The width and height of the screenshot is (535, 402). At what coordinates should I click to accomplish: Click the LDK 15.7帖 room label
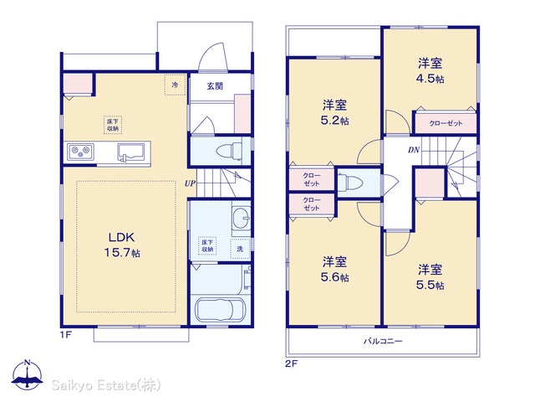pyautogui.click(x=122, y=245)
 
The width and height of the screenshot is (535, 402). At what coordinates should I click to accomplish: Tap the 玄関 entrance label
pyautogui.click(x=215, y=85)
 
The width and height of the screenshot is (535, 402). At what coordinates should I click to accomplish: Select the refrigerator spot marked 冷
pyautogui.click(x=175, y=85)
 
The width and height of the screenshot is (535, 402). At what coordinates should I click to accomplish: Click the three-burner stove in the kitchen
pyautogui.click(x=80, y=152)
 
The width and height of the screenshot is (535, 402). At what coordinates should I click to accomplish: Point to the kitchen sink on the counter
pyautogui.click(x=134, y=152)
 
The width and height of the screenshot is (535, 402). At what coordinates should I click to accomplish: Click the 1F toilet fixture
pyautogui.click(x=229, y=151)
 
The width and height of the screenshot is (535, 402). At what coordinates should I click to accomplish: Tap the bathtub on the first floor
pyautogui.click(x=220, y=309)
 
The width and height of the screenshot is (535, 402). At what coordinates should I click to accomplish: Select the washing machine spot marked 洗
pyautogui.click(x=240, y=250)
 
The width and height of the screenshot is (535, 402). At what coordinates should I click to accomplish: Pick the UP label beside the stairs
pyautogui.click(x=190, y=183)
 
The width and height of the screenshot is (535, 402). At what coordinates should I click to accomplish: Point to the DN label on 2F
pyautogui.click(x=414, y=150)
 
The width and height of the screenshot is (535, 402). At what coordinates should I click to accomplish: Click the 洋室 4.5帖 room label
pyautogui.click(x=430, y=70)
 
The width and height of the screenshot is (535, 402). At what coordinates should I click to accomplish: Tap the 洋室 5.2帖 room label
pyautogui.click(x=334, y=112)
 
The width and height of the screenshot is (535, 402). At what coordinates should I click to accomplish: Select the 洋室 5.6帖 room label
pyautogui.click(x=334, y=269)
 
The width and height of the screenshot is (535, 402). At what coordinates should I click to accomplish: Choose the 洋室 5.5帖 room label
pyautogui.click(x=430, y=277)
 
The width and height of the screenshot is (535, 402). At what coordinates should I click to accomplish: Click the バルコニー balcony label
pyautogui.click(x=383, y=341)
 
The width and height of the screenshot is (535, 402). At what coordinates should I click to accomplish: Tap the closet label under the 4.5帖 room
pyautogui.click(x=446, y=123)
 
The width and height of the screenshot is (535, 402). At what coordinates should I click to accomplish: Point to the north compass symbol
pyautogui.click(x=28, y=374)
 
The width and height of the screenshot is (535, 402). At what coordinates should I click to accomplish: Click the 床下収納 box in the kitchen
pyautogui.click(x=113, y=125)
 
